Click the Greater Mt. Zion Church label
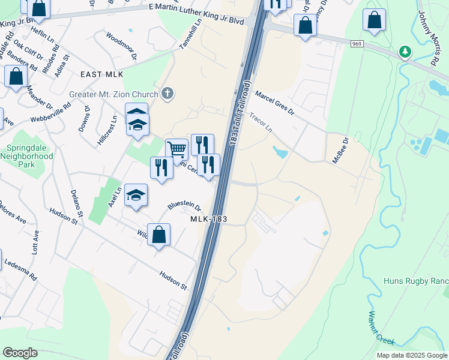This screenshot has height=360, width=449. pos(113,94)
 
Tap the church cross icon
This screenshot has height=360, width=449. pos(167,94)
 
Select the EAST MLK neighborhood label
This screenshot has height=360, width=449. pos(101,74)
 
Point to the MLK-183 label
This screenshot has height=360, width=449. pos(208,220)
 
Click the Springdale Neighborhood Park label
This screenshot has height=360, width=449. pos(30,156)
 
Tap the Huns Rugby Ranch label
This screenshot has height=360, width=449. pos(415,281)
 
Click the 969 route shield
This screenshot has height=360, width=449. pos(357,44)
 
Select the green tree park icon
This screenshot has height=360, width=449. pos(406,52)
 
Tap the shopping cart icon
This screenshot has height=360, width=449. pos(176,149)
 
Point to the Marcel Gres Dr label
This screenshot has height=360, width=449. pos(274,103)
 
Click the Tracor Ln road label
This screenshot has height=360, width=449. pos(261,122)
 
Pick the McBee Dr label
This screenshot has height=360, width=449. pos(340,151)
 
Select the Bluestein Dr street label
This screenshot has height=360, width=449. pos(184,205)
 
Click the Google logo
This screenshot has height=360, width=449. pos(20,352)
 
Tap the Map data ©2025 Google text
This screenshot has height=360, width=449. pos(412,355)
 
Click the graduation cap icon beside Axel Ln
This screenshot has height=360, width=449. pos(136,194)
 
